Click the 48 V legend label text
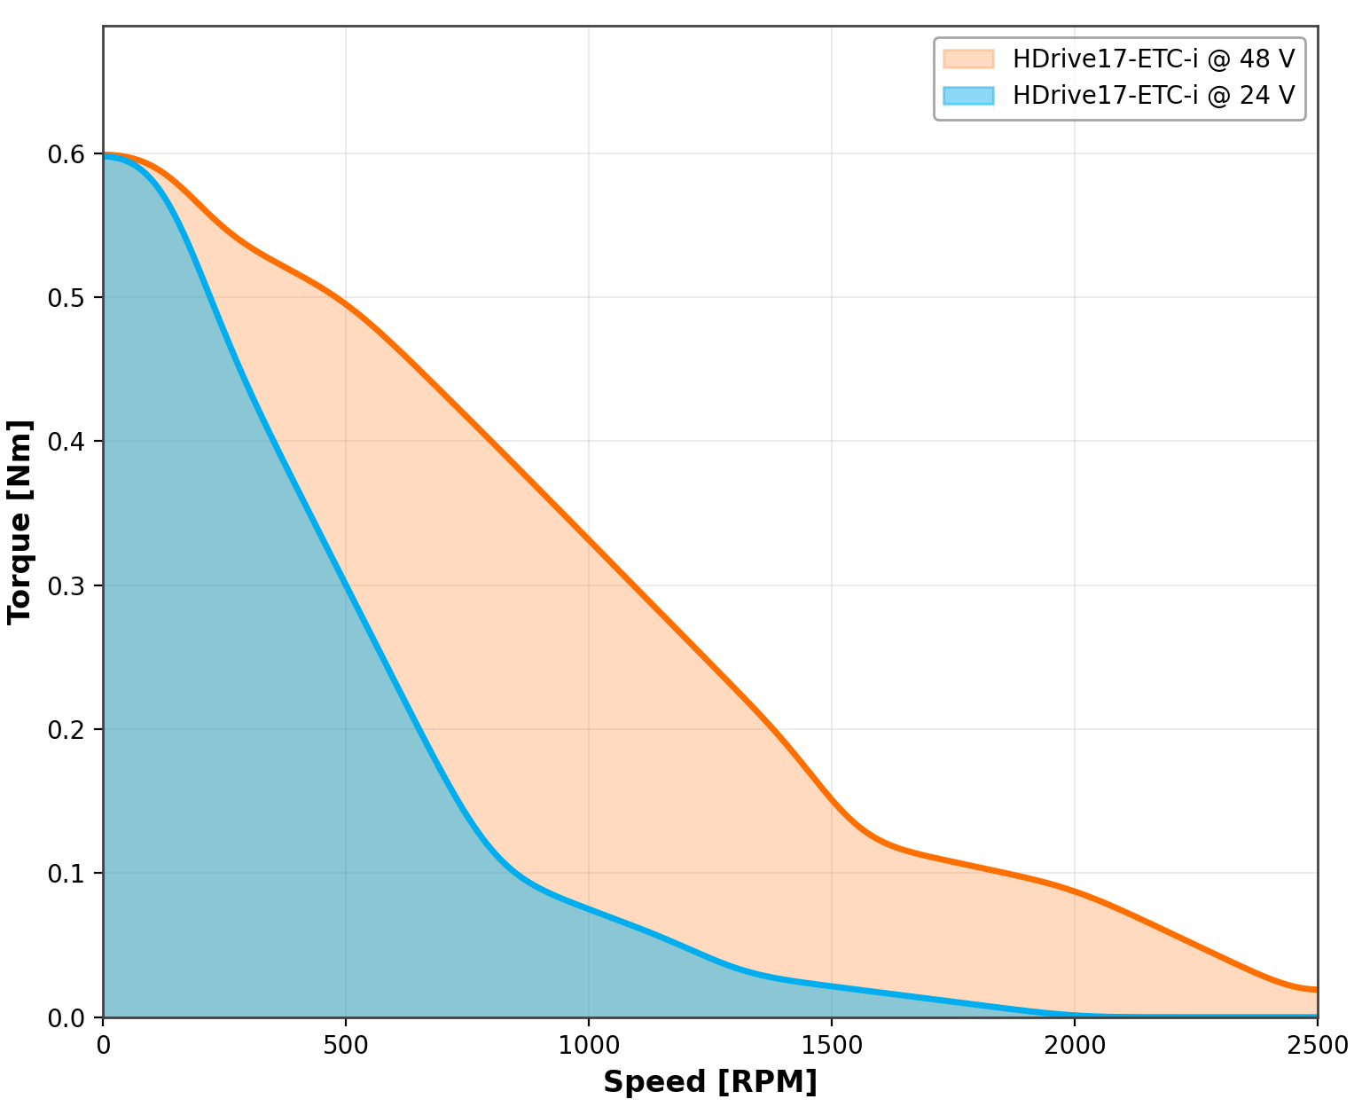point(1154,59)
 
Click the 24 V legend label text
point(1154,95)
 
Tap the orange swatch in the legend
point(968,59)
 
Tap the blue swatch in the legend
point(968,95)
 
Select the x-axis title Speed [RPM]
point(710,1082)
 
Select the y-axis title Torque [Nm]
point(20,522)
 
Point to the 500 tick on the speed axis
point(346,1046)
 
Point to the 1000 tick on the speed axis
point(589,1046)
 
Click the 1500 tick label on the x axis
point(832,1046)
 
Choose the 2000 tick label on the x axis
point(1075,1046)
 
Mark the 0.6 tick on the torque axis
point(65,154)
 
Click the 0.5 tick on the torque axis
point(65,298)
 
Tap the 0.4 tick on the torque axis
point(65,442)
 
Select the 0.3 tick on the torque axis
point(65,585)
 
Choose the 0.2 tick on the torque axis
point(65,730)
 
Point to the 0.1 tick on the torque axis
point(65,874)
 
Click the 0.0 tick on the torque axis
point(65,1017)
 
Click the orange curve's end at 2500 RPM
point(1316,989)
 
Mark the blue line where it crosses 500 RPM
point(346,586)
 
